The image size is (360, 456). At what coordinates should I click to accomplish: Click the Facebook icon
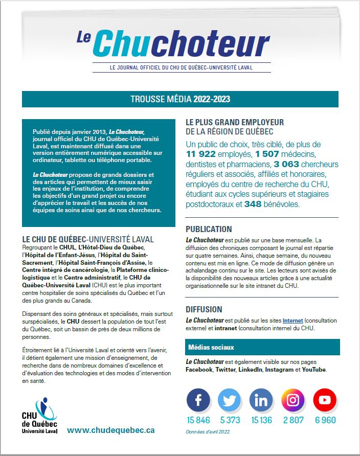point(198,400)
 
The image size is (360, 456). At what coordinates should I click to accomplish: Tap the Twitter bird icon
point(230,400)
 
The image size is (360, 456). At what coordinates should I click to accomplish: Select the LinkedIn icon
point(262,400)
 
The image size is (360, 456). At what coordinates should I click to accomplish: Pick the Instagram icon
point(293,400)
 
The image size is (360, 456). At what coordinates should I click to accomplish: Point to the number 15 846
point(198,420)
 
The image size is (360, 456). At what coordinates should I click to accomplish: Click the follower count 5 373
point(230,420)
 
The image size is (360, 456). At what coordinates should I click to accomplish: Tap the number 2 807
point(293,420)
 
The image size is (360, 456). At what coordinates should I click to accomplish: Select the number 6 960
point(325,420)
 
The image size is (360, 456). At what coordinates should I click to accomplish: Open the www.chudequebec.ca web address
point(111,430)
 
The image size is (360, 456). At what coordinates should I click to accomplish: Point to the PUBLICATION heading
point(209,229)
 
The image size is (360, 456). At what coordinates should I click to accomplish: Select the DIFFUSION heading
point(204,309)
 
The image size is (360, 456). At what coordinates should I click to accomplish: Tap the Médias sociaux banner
point(262,347)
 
